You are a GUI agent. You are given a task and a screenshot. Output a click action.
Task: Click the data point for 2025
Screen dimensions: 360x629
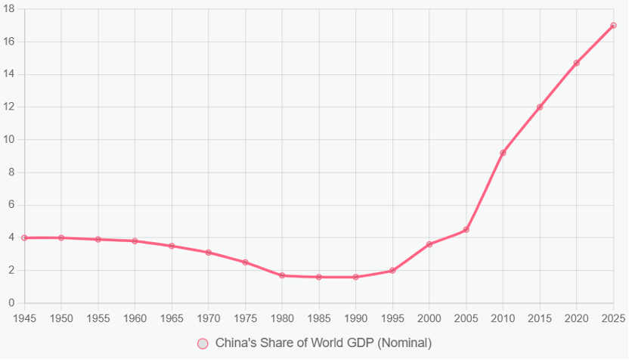coord(613,26)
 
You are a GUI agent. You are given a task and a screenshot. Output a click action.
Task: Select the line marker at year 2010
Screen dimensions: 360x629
coord(503,153)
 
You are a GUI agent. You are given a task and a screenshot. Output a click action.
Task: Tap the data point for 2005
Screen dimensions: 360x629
coord(466,229)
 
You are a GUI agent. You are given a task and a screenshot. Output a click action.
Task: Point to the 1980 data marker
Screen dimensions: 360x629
coord(282,275)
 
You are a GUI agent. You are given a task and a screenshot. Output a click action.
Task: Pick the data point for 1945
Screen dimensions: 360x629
coord(24,237)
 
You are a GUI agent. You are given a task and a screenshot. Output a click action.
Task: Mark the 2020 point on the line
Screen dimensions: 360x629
coord(576,63)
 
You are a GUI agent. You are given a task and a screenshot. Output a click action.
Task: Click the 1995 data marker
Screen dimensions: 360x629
coord(392,270)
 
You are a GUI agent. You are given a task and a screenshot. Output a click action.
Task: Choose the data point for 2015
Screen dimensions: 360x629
coord(540,107)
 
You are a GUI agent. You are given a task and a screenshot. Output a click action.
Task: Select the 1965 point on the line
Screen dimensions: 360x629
coord(172,246)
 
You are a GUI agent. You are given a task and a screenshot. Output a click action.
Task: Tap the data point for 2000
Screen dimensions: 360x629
coord(429,244)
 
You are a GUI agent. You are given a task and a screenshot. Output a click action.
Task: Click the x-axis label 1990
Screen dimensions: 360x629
coord(355,317)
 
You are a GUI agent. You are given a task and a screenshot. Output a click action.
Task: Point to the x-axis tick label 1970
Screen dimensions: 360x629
coord(208,317)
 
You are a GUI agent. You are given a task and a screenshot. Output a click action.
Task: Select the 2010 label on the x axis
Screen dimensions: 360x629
coord(503,317)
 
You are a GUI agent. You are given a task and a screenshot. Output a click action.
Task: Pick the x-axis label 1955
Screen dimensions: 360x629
coord(98,317)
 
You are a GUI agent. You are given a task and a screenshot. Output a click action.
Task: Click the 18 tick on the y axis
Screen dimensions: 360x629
coord(9,9)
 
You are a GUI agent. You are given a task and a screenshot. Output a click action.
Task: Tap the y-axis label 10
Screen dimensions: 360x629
coord(9,140)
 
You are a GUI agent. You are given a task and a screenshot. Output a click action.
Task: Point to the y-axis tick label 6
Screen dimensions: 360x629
coord(11,205)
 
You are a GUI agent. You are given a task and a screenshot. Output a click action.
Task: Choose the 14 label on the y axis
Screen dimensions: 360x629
coord(9,74)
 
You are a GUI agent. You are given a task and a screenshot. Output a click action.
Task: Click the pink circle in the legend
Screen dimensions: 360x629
coord(203,343)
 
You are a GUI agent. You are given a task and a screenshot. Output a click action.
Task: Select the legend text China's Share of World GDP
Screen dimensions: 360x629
coord(323,343)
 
